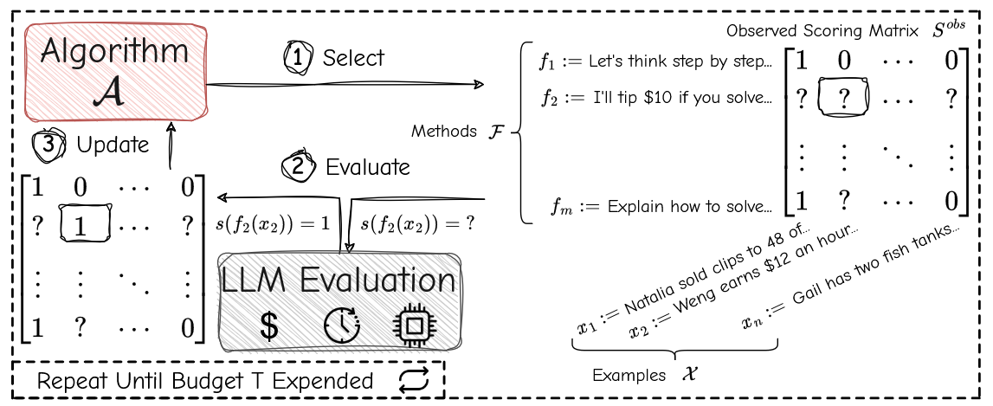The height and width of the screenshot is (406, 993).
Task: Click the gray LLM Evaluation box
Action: (x=339, y=300)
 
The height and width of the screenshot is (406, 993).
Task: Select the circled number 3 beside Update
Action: (x=48, y=145)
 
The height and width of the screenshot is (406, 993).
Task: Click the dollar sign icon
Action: (x=269, y=325)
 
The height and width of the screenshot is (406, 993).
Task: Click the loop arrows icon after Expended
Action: (x=415, y=381)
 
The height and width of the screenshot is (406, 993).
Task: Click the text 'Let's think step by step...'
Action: (x=679, y=62)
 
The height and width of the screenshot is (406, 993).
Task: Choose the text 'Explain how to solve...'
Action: (x=689, y=207)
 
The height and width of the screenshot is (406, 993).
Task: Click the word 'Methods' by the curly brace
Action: (x=443, y=132)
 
